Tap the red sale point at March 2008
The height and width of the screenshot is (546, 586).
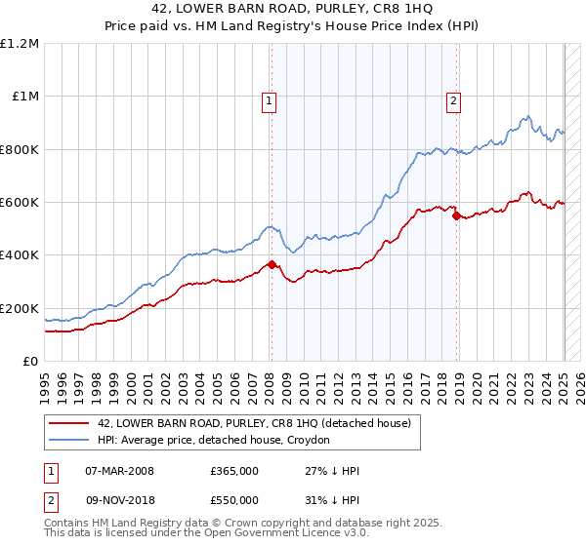(x=272, y=264)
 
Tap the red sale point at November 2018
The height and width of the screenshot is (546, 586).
(x=456, y=215)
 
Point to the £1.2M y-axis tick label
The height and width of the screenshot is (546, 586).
(x=21, y=44)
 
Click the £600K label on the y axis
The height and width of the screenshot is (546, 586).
(x=20, y=203)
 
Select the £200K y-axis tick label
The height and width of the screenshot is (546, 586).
(x=20, y=308)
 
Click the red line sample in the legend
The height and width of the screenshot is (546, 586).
(x=69, y=423)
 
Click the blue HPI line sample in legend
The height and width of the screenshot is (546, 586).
(x=69, y=441)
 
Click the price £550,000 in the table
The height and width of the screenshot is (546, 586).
(x=234, y=500)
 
